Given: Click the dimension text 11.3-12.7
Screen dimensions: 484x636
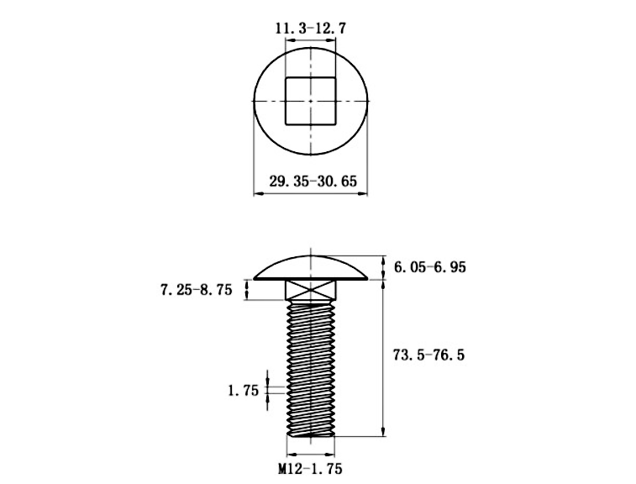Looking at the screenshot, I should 311,28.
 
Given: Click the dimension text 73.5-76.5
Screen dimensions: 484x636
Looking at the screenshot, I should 428,355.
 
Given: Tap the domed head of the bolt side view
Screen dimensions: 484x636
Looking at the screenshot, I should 311,266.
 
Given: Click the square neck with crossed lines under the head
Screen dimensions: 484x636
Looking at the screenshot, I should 311,291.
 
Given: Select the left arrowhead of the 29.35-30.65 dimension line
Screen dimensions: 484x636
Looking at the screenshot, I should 257,194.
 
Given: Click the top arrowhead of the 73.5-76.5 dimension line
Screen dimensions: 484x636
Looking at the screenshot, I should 384,283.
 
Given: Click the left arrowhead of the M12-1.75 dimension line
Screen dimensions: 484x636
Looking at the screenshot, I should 286,452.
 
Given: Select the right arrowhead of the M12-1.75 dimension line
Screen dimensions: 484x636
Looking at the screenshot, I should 334,452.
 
